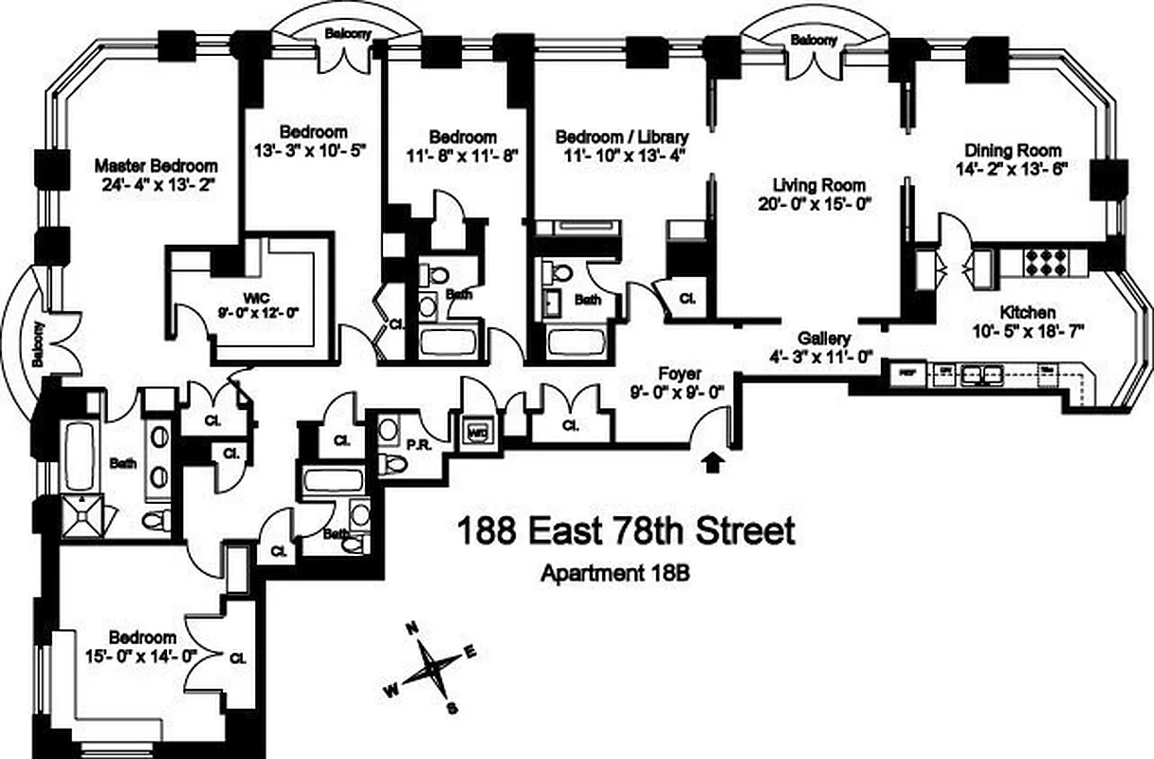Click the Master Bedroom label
pyautogui.click(x=156, y=165)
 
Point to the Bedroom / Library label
pyautogui.click(x=621, y=136)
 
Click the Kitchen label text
pyautogui.click(x=1027, y=311)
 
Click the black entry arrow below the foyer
pyautogui.click(x=714, y=462)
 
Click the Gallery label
pyautogui.click(x=823, y=339)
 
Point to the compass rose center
pyautogui.click(x=430, y=669)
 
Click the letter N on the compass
pyautogui.click(x=412, y=629)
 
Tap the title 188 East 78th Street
pyautogui.click(x=626, y=532)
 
